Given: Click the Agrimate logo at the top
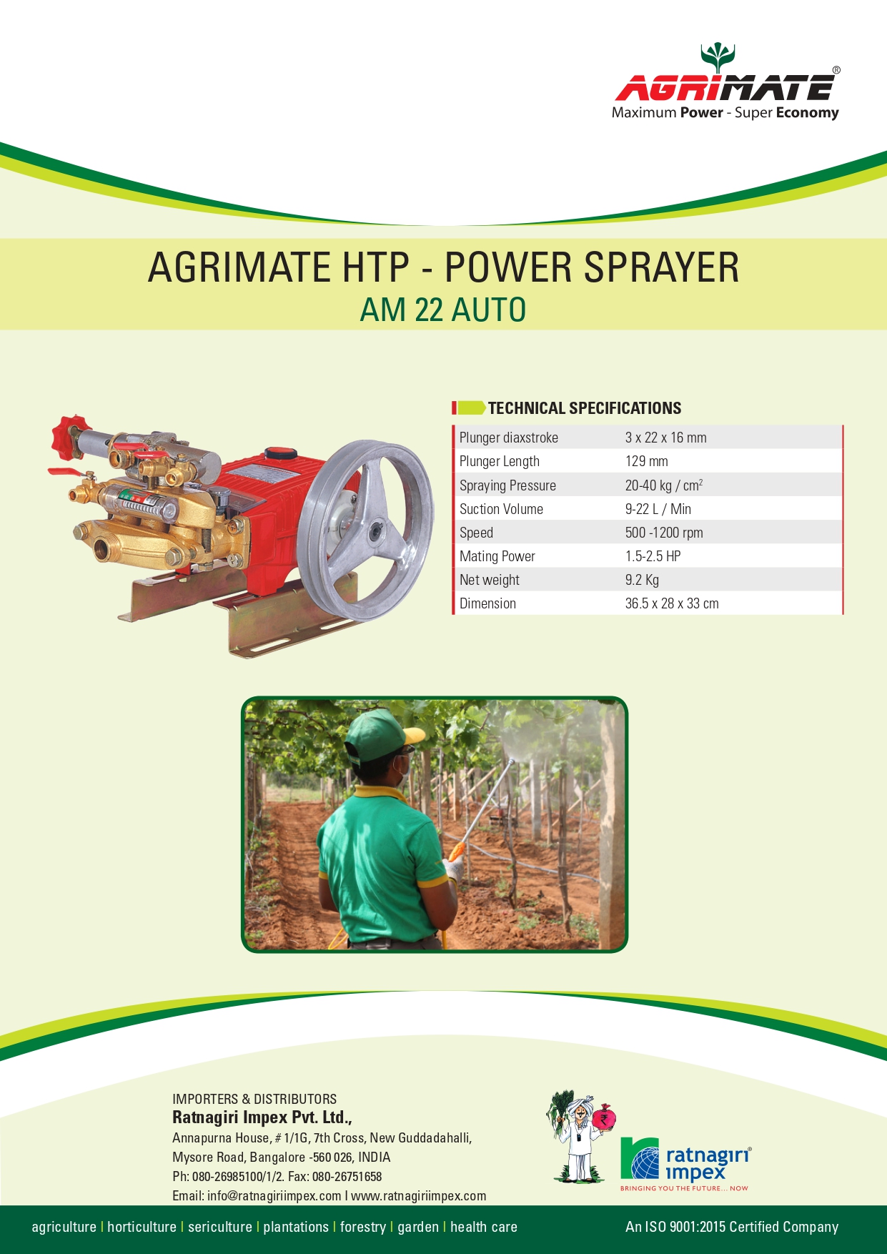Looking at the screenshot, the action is tap(726, 82).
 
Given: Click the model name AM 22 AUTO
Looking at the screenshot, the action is tap(443, 310).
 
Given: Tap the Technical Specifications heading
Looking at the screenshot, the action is tap(585, 408).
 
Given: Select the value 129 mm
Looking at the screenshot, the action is tap(646, 461).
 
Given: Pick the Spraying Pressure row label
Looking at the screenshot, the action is tap(507, 485).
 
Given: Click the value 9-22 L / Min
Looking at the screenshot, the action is tap(658, 509).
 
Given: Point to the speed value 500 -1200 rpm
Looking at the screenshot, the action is tap(664, 533).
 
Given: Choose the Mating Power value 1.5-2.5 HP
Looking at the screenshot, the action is tap(653, 556).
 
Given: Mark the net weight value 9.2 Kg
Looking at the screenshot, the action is tap(642, 580).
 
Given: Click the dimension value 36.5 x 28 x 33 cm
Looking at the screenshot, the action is tap(672, 603).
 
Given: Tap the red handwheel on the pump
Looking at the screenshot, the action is tap(67, 437).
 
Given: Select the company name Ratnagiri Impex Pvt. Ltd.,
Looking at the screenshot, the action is tap(262, 1117).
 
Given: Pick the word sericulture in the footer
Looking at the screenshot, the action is tap(220, 1227).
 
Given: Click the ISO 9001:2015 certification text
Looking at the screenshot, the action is tap(731, 1227).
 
